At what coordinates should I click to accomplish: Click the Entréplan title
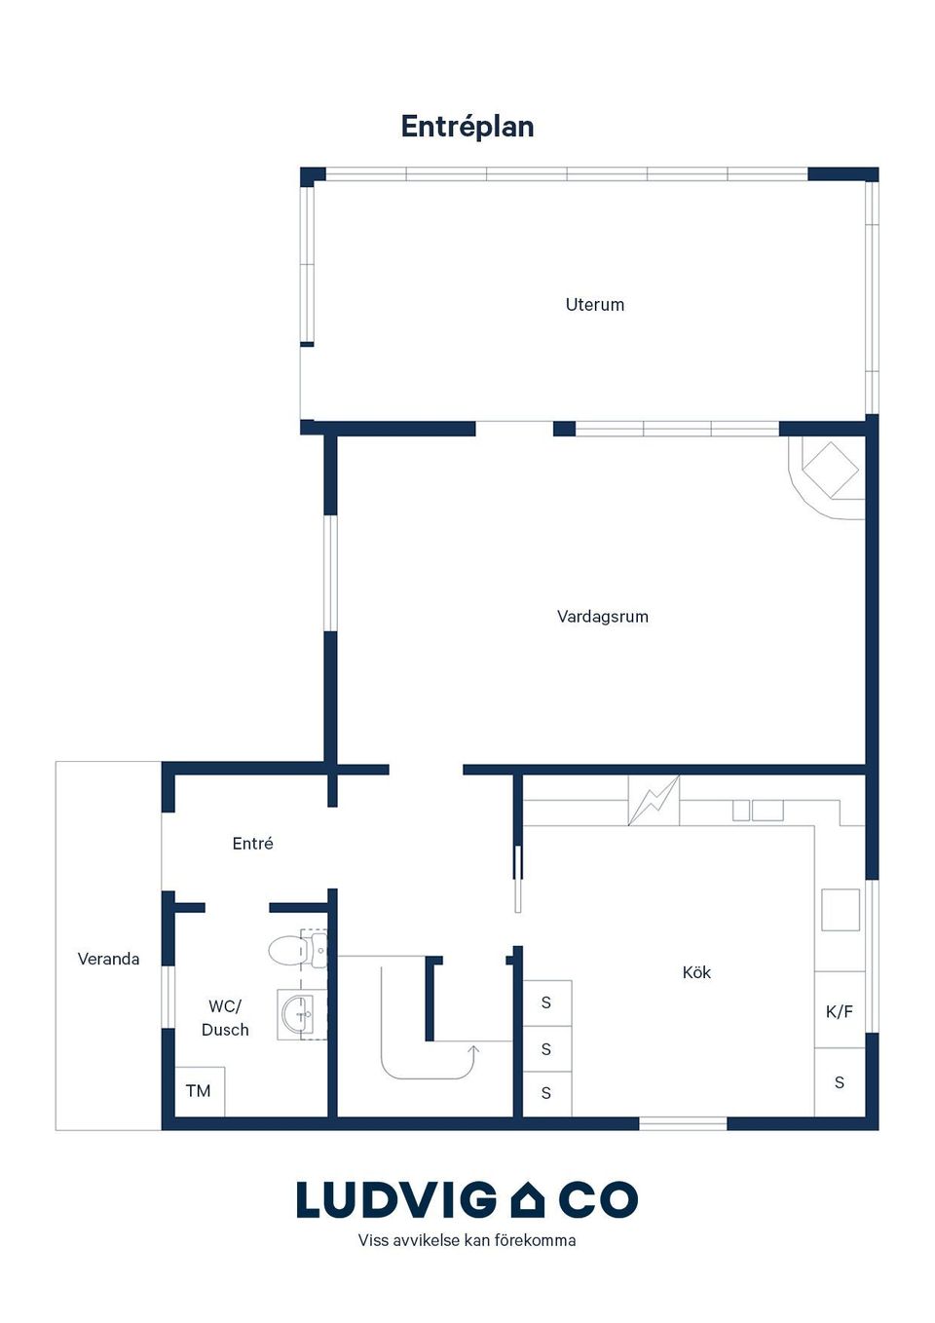tap(467, 127)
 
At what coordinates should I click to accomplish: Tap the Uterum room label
tap(594, 305)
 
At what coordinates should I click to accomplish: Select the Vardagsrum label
tap(603, 617)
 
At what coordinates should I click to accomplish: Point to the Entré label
tap(252, 844)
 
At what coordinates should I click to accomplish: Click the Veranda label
tap(109, 959)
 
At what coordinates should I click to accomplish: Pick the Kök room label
tap(696, 972)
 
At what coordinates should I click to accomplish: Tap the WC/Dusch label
tap(225, 1018)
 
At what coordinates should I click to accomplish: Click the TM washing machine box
tap(200, 1091)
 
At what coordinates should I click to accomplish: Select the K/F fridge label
tap(840, 1012)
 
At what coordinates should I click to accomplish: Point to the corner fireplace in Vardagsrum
tap(826, 477)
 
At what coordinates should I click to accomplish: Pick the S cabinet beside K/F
tap(840, 1082)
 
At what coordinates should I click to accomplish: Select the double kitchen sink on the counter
tap(758, 811)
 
